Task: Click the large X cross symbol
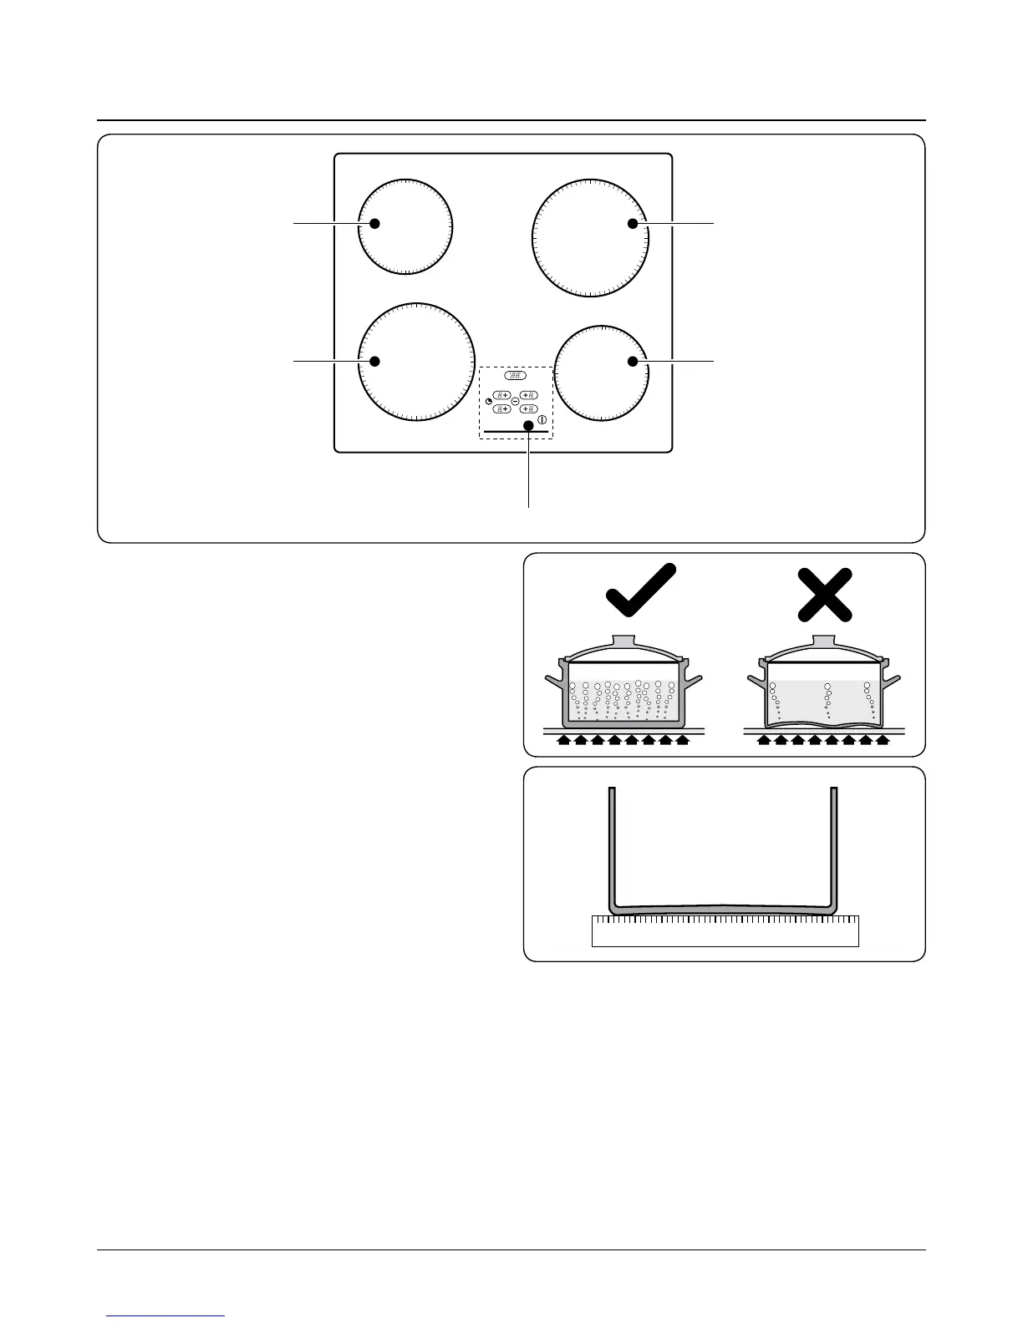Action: [x=825, y=595]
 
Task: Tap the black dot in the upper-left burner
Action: [x=375, y=224]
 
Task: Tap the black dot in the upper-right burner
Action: [x=634, y=224]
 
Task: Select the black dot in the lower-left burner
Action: [x=375, y=361]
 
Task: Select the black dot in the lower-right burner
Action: [x=634, y=361]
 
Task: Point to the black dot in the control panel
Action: [x=528, y=426]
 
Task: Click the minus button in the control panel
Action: [x=515, y=402]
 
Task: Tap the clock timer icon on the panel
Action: [x=489, y=403]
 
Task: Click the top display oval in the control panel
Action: [x=516, y=377]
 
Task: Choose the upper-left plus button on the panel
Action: [x=501, y=394]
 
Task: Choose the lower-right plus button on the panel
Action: [x=528, y=408]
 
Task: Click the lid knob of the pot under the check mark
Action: [x=625, y=641]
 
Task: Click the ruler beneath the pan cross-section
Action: [x=725, y=930]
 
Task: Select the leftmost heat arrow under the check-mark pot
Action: [x=564, y=739]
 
